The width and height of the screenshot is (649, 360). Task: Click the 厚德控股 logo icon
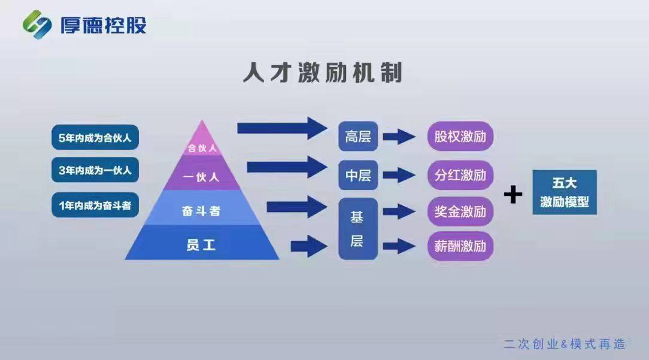(37, 25)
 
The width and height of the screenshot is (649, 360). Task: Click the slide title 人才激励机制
(323, 73)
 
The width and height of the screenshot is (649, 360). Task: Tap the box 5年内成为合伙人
(95, 137)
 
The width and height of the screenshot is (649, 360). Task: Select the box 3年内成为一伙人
(95, 170)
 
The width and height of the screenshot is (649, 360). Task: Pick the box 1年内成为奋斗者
(95, 205)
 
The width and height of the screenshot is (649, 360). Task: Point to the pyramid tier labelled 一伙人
(202, 174)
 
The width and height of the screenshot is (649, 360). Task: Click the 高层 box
(358, 137)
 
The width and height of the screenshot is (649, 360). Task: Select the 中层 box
(358, 176)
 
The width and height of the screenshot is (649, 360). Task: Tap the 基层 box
(358, 229)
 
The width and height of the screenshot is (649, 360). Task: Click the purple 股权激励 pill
(460, 137)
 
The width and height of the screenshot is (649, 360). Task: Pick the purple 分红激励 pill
(460, 176)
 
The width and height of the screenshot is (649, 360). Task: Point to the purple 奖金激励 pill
(460, 211)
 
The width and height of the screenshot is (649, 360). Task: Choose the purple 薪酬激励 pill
(460, 247)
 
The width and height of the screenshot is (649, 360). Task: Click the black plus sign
(513, 194)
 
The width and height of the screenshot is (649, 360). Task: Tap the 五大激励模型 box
(565, 192)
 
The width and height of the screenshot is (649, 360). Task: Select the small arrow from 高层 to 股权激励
(399, 137)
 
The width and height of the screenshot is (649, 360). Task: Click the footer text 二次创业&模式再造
(565, 344)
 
